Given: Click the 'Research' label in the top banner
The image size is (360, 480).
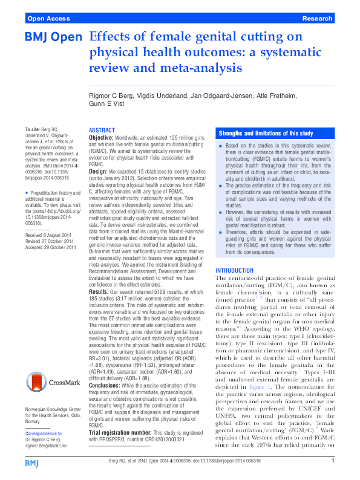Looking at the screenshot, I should (x=318, y=19).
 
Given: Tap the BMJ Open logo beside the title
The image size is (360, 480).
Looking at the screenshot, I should (x=53, y=38).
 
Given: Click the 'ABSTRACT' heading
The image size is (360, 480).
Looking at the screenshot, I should (x=102, y=131).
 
